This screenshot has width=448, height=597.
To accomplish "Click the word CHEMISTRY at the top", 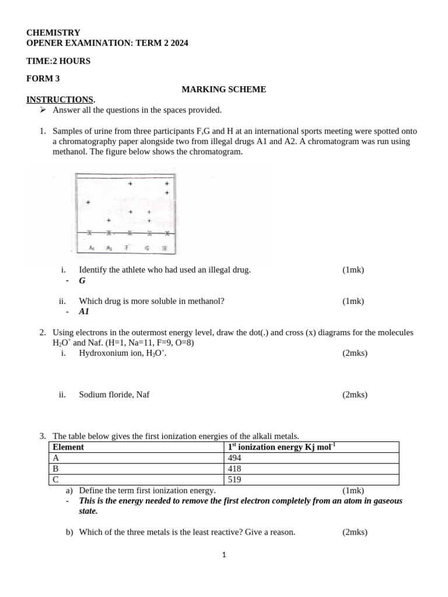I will (x=53, y=33).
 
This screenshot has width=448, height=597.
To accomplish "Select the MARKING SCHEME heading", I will (x=223, y=89).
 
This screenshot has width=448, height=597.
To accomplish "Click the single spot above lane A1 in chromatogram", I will (x=88, y=202).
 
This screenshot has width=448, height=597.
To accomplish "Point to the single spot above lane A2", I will (x=108, y=220).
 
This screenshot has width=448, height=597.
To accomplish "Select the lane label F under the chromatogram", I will (x=127, y=248).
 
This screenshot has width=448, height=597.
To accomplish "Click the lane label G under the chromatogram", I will (x=148, y=248).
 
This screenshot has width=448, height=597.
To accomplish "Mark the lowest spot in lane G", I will (x=149, y=221).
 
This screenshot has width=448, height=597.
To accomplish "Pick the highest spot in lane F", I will (x=130, y=184).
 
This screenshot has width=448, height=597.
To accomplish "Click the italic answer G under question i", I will (x=82, y=280).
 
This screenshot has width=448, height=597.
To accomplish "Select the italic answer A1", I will (x=84, y=312).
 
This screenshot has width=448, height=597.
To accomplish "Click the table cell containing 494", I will (x=312, y=458).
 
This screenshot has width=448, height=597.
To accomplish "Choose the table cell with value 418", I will (x=312, y=469).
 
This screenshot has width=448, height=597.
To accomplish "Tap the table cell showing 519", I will (x=312, y=480).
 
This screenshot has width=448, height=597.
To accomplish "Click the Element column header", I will (x=68, y=447).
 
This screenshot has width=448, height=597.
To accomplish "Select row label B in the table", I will (x=55, y=469).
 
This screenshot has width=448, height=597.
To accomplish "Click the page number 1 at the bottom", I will (x=224, y=556).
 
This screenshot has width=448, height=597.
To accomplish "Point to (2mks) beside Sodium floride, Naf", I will (x=355, y=395).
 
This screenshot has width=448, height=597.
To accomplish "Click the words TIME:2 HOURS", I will (x=58, y=61).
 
